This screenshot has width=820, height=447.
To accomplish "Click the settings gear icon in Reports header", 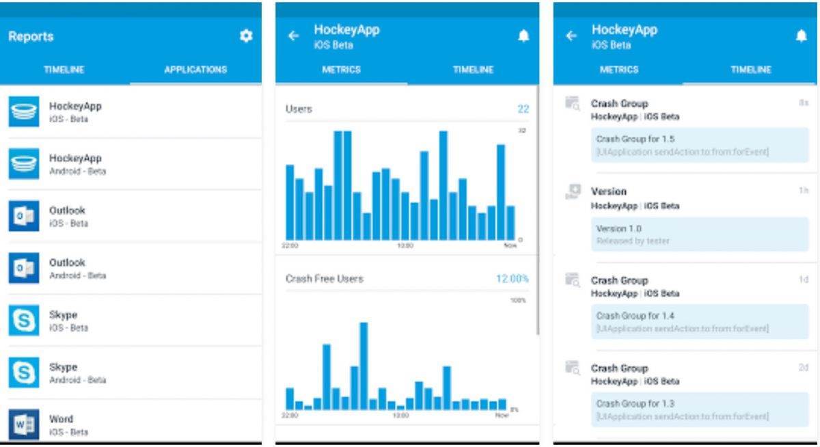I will (246, 36).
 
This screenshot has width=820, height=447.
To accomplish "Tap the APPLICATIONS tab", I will (195, 70).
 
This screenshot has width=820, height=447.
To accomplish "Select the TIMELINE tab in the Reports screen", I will (64, 70).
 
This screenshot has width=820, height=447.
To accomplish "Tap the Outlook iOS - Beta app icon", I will (24, 216).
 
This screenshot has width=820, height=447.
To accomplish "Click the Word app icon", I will (24, 424).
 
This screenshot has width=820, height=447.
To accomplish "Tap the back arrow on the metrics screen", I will (294, 36).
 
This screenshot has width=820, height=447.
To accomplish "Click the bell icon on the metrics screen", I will (523, 36).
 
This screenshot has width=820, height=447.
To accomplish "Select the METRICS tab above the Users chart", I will (341, 70).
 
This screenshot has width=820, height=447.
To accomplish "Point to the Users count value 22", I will (523, 109).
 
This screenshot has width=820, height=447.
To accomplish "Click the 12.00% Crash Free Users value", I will (512, 279).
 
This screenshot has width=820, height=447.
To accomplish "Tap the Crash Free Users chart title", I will (324, 279).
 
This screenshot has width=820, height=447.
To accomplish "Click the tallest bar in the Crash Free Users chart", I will (364, 366).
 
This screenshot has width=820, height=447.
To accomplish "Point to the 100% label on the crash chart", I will (518, 300).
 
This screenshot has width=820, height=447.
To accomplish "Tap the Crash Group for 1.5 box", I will (700, 145).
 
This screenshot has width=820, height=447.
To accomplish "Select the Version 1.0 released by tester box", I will (700, 234).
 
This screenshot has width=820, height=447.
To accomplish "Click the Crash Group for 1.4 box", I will (700, 322).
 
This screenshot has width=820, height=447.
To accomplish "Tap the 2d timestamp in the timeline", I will (804, 368).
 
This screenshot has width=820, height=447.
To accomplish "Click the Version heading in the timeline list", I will (608, 191).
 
